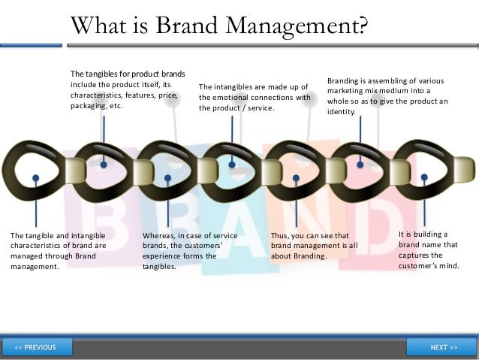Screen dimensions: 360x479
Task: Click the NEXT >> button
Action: point(444,347)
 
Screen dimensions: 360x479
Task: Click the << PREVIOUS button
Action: point(36,347)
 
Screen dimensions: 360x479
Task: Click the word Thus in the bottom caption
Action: point(281,236)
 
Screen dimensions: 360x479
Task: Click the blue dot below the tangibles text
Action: point(103,164)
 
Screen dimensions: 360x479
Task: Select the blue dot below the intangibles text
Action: point(232,164)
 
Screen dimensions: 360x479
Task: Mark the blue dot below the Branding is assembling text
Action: point(360,164)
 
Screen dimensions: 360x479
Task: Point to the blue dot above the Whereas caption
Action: point(167,178)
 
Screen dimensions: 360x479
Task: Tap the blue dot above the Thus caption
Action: point(297,178)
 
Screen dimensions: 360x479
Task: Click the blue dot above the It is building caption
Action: point(425,178)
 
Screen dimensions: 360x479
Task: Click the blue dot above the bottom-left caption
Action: point(36,178)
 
